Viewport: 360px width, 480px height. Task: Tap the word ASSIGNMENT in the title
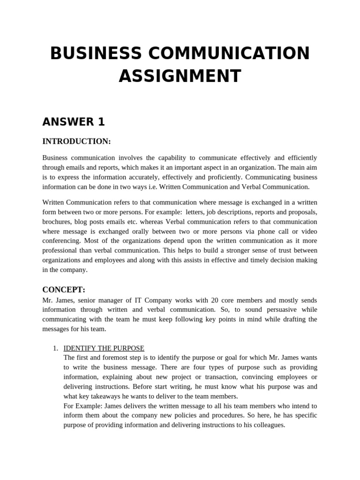pyautogui.click(x=180, y=76)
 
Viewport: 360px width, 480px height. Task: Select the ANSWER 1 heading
pyautogui.click(x=74, y=122)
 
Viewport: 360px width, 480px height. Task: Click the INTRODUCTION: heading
pyautogui.click(x=76, y=141)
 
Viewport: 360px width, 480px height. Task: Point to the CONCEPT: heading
pyautogui.click(x=64, y=290)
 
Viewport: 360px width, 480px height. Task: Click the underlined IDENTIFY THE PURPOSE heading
pyautogui.click(x=104, y=348)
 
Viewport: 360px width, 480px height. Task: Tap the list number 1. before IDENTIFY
pyautogui.click(x=55, y=348)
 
